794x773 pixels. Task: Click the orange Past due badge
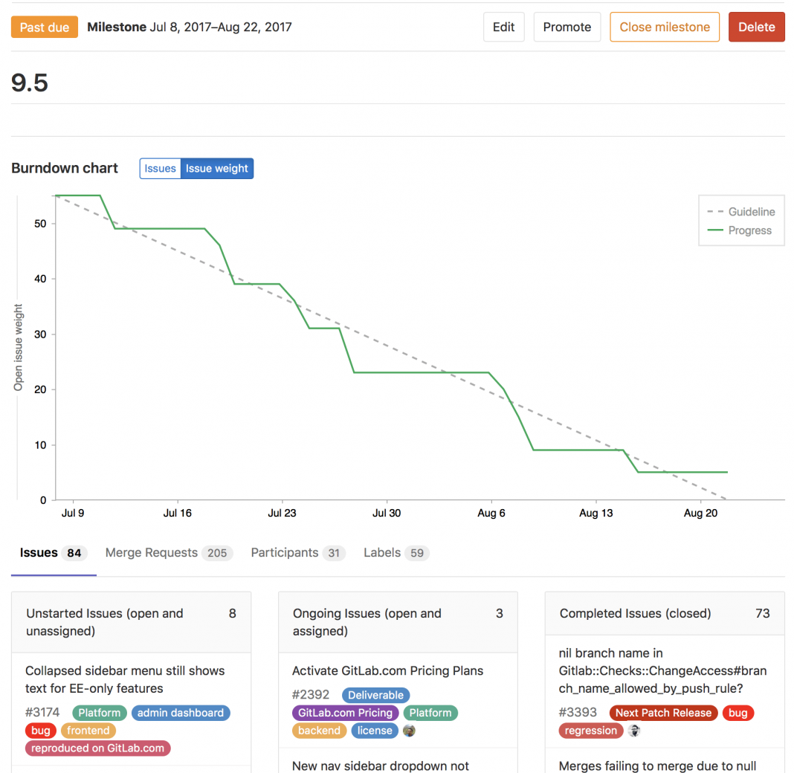click(45, 28)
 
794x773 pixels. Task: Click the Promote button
click(567, 28)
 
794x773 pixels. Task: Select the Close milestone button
click(664, 28)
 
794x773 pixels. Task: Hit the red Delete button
click(756, 28)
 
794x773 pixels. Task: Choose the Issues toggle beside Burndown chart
click(160, 169)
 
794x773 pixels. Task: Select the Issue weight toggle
click(217, 169)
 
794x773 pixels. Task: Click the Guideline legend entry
click(751, 212)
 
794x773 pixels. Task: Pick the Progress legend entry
click(749, 230)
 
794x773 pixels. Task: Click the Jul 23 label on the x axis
click(282, 513)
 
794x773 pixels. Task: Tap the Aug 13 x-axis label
click(595, 513)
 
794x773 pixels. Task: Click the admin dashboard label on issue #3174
click(181, 713)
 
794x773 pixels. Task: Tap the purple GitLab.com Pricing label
click(345, 713)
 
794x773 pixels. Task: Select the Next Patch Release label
click(663, 713)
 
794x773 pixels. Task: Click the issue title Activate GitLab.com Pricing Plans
click(387, 670)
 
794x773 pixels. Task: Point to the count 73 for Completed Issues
click(762, 613)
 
